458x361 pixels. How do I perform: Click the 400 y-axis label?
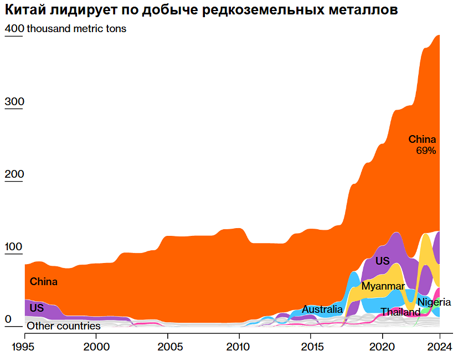14,29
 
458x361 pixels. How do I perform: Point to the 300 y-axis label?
14,102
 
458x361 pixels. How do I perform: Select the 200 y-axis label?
14,174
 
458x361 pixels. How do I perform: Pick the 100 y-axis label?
14,247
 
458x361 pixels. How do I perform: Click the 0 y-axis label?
8,319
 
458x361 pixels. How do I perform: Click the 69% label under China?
426,150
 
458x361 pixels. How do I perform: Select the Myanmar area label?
383,286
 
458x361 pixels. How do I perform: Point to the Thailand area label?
400,312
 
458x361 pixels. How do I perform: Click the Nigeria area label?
434,302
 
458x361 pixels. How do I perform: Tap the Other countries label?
64,326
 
